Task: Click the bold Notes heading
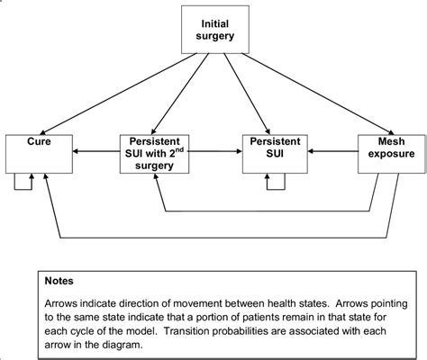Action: click(59, 280)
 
